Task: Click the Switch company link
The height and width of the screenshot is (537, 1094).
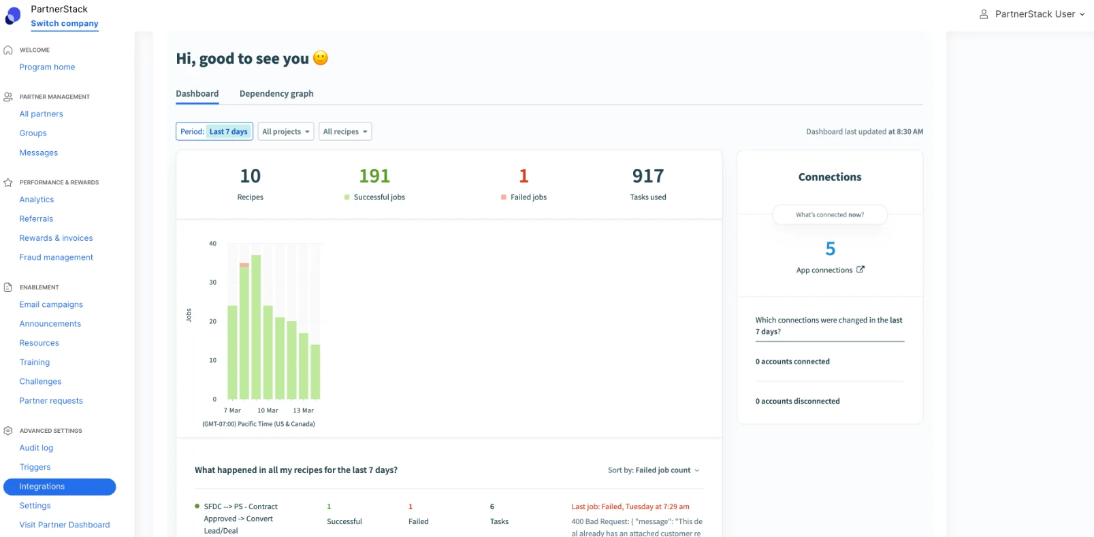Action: click(x=64, y=23)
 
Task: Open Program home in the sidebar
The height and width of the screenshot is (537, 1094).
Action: click(x=47, y=67)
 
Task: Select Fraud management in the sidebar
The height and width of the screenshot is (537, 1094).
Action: click(x=56, y=257)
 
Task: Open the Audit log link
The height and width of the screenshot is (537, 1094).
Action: click(x=36, y=448)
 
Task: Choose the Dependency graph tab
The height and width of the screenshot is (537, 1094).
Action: click(x=276, y=94)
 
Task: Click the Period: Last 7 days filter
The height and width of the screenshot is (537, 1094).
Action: click(x=214, y=131)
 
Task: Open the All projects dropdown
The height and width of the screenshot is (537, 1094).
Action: click(x=286, y=131)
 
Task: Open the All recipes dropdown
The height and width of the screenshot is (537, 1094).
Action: click(x=345, y=131)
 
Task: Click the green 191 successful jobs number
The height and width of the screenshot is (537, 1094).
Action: click(x=374, y=176)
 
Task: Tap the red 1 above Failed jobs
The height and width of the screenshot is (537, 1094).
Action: click(x=524, y=176)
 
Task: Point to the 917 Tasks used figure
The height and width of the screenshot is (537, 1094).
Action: click(x=647, y=176)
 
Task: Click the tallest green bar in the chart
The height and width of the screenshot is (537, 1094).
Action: click(x=256, y=327)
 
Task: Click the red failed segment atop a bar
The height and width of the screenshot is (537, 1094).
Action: click(x=244, y=265)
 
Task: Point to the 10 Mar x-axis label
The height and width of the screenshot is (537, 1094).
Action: click(x=268, y=410)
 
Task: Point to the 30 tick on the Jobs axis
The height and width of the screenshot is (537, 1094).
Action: click(x=212, y=282)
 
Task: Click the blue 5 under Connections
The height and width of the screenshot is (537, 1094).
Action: click(x=830, y=249)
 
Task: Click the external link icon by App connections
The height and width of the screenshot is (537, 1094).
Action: click(x=860, y=270)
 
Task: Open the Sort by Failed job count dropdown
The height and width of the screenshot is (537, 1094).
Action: click(x=654, y=470)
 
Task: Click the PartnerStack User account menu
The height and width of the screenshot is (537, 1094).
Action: click(x=1032, y=14)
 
